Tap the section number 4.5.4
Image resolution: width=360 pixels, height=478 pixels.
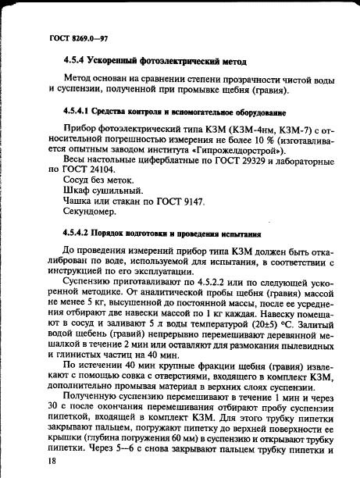(x=76, y=60)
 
